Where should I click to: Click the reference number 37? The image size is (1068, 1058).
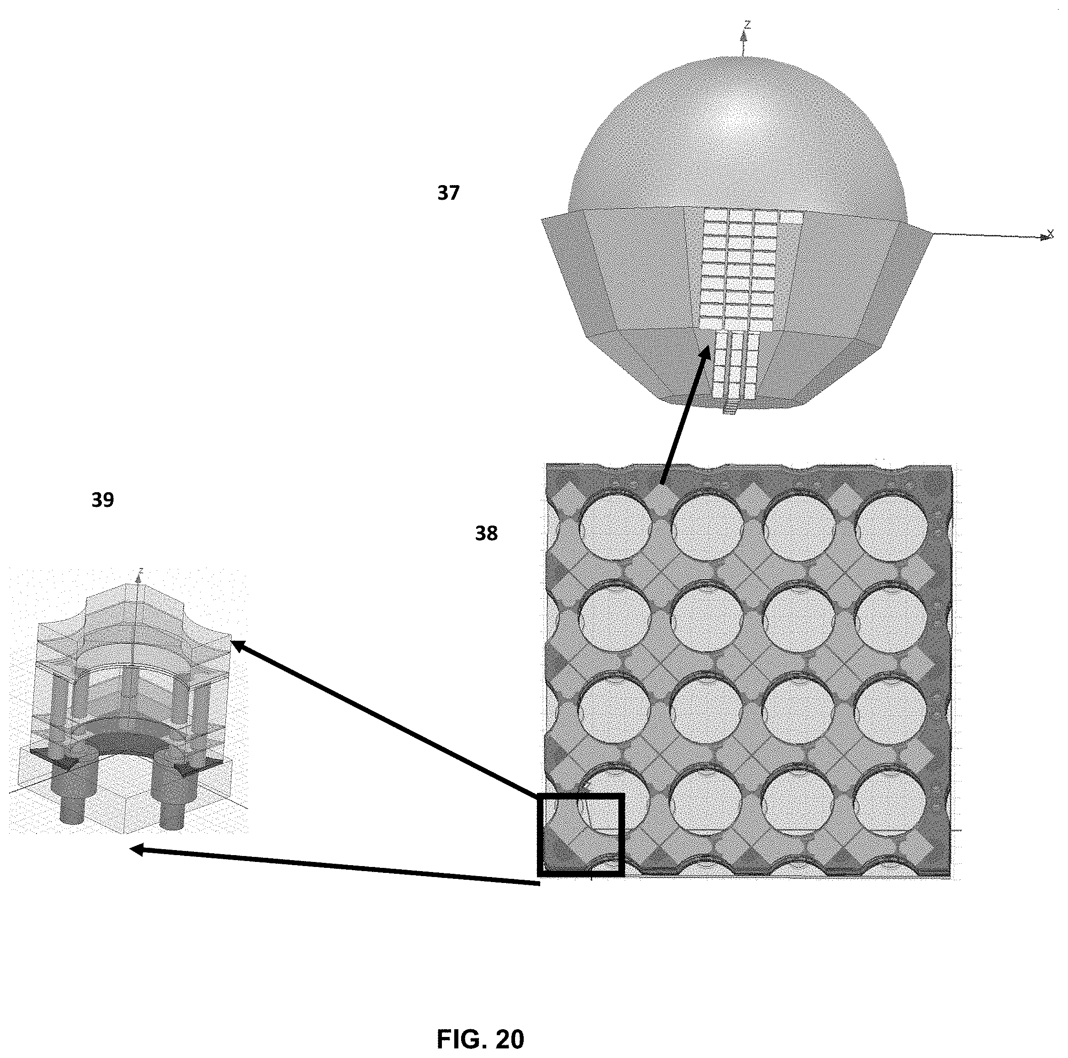(448, 193)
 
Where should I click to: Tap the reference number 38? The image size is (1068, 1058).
(486, 533)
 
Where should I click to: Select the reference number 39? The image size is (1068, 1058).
(103, 500)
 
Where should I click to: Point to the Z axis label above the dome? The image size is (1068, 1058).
(747, 24)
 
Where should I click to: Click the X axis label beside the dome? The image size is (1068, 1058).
(1050, 234)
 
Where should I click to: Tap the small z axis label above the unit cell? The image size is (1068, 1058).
(142, 570)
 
